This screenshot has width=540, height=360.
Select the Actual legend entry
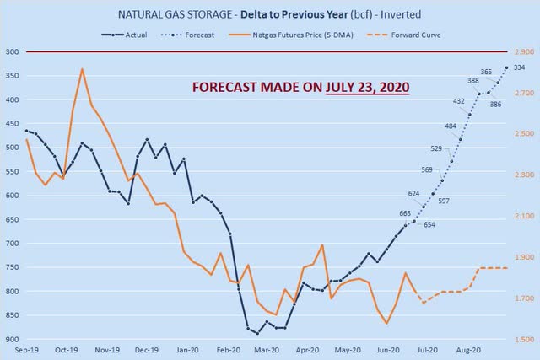(134, 35)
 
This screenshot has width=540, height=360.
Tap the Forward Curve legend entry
(404, 35)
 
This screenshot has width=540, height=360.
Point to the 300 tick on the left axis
(12, 52)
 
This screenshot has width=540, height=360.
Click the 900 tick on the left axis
(12, 340)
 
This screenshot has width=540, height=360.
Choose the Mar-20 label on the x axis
(267, 348)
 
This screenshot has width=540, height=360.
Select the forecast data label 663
(405, 213)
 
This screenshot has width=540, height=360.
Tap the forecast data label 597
(444, 201)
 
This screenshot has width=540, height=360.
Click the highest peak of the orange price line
(82, 69)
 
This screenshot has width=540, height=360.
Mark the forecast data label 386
(496, 105)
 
